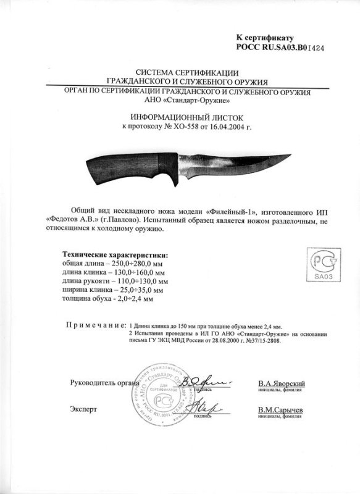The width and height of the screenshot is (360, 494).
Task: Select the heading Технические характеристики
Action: (x=116, y=254)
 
